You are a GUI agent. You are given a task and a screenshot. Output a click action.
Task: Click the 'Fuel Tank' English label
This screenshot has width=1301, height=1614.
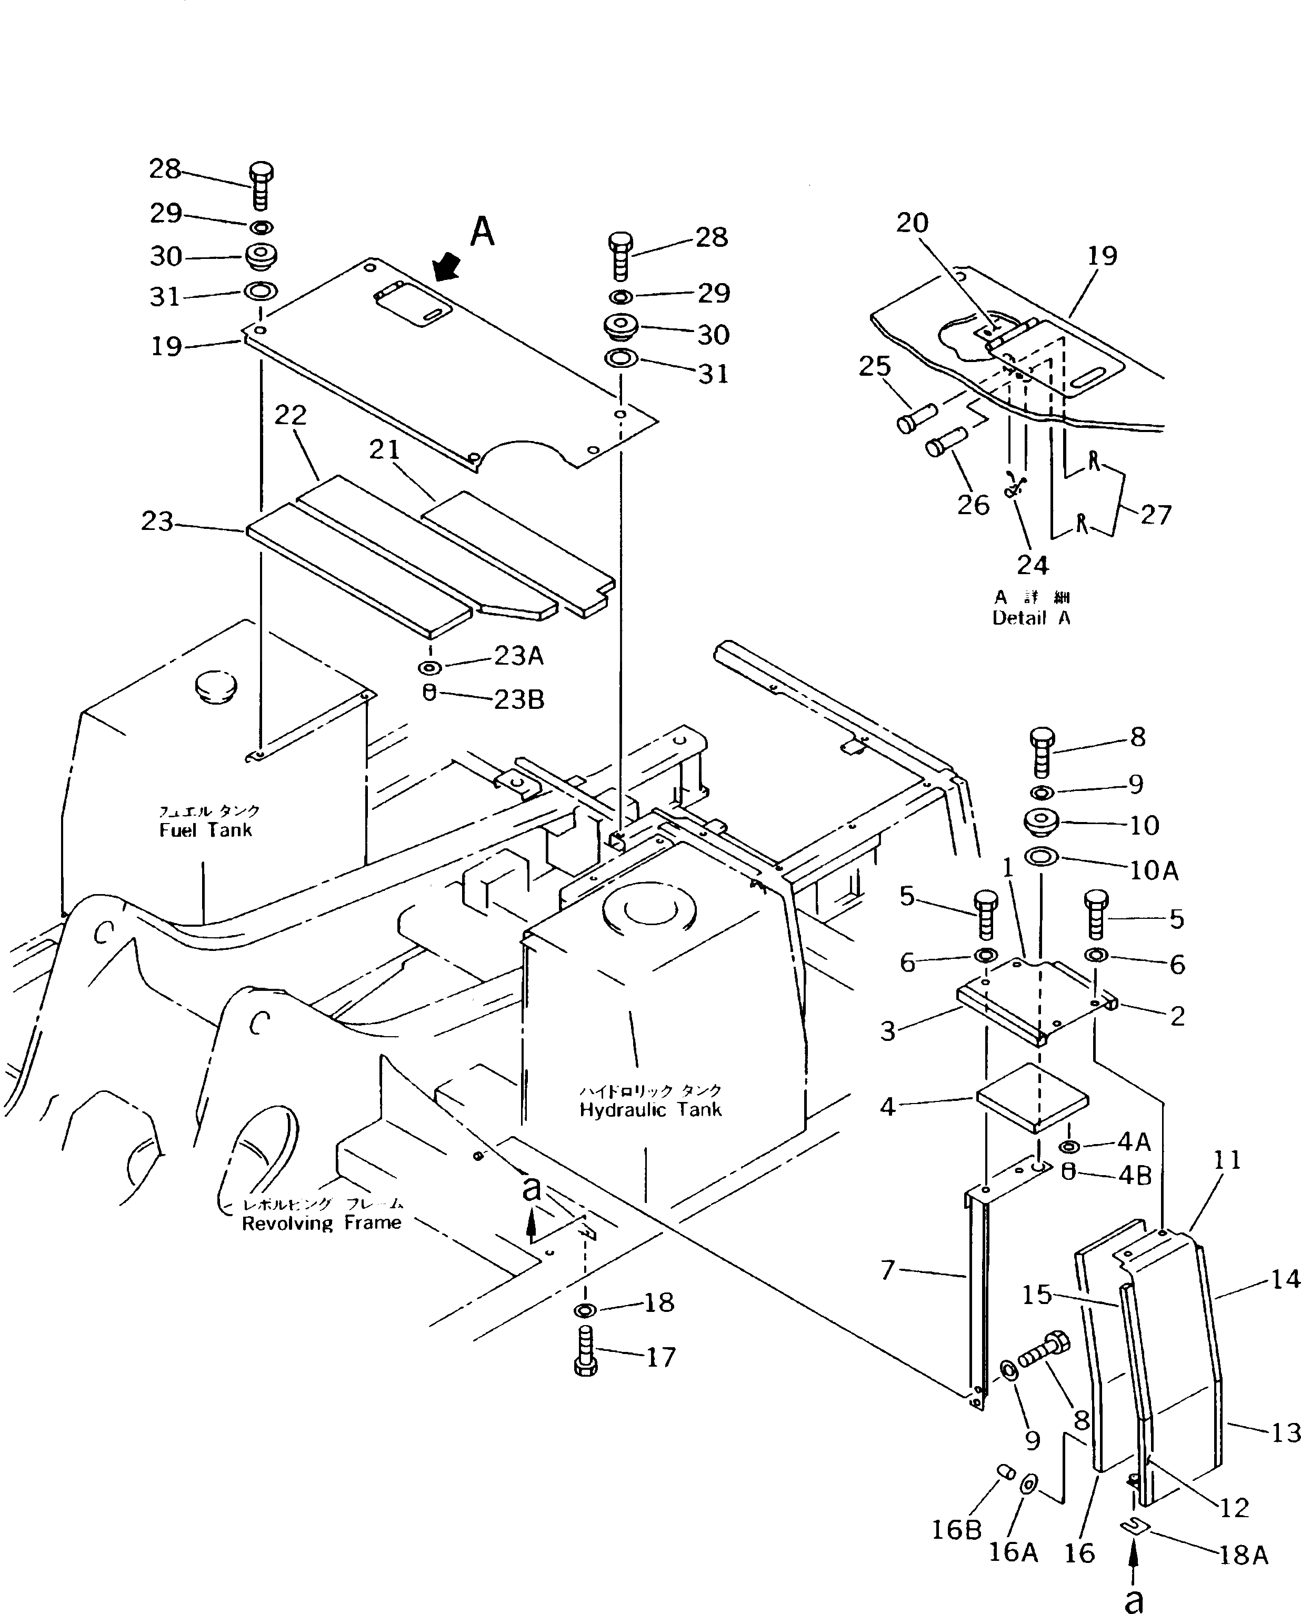205,830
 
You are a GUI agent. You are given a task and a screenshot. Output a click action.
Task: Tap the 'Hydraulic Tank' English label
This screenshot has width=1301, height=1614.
650,1110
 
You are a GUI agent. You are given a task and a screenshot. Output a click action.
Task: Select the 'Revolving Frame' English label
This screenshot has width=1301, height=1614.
322,1223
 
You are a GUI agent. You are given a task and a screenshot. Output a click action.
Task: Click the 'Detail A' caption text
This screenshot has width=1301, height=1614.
1031,618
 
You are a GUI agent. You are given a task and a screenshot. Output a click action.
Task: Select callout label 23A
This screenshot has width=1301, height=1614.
518,656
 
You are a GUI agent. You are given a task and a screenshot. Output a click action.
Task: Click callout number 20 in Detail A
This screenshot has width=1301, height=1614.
912,223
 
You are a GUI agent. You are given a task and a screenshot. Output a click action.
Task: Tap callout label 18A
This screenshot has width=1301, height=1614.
1243,1556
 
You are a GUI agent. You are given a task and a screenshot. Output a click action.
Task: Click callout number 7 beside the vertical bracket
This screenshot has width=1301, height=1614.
887,1270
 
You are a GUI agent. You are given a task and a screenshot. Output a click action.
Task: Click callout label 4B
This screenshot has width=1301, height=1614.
1134,1176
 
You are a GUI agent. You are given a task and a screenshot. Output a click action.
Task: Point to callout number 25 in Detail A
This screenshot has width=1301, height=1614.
875,366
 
